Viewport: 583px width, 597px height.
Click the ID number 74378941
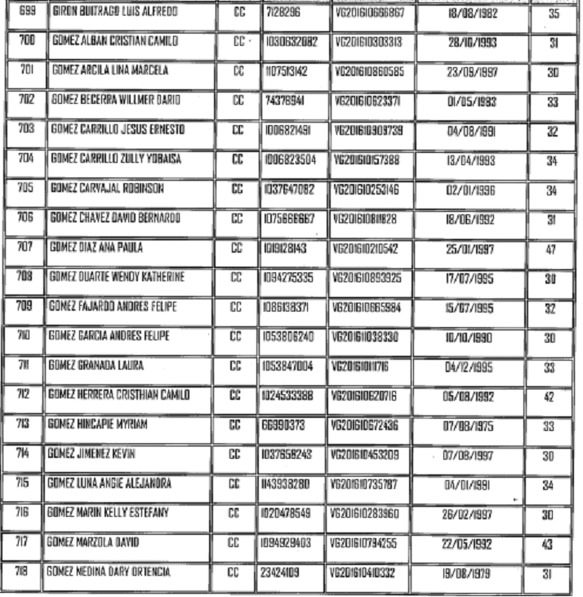pyautogui.click(x=283, y=101)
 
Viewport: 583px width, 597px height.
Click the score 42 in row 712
pyautogui.click(x=550, y=397)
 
